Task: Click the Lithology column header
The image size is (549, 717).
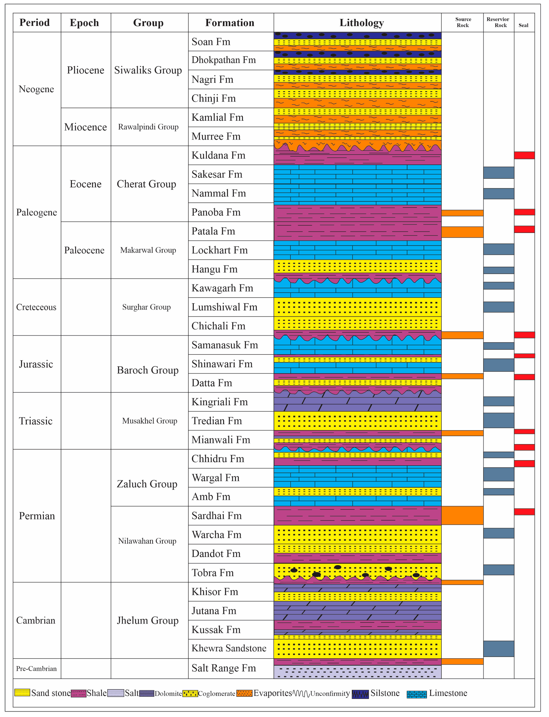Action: (361, 23)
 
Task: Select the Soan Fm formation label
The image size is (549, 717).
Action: (211, 42)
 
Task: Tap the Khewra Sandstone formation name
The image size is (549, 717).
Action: (229, 648)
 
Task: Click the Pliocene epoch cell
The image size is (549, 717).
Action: (86, 70)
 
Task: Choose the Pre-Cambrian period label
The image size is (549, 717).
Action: (36, 669)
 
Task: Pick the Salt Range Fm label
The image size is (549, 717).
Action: (224, 668)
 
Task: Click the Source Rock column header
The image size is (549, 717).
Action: (463, 22)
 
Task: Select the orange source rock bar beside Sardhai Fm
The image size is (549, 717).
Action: (462, 515)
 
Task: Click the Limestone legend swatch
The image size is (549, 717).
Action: (417, 694)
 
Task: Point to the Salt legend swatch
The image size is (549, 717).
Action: (116, 693)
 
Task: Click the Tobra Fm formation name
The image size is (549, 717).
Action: (212, 573)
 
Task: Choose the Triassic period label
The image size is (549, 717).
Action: (36, 421)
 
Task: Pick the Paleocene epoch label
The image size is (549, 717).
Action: (84, 250)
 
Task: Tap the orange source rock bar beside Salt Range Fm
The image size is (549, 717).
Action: (462, 662)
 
